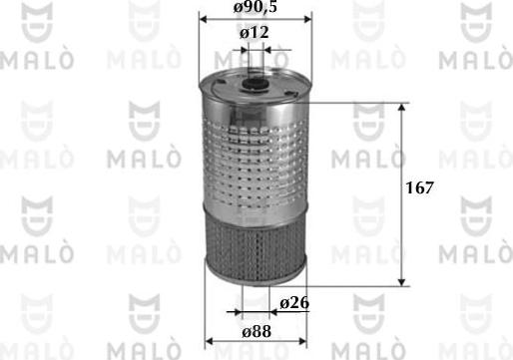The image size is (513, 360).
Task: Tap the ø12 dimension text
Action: pyautogui.click(x=256, y=34)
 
